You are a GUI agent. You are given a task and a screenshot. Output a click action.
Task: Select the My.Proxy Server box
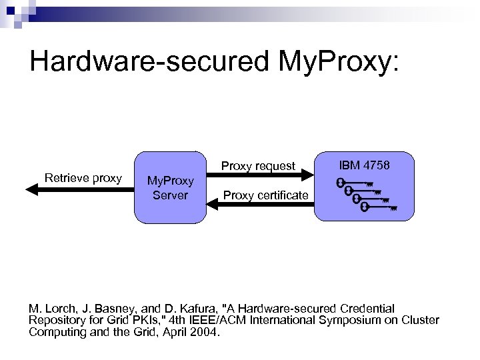(170, 187)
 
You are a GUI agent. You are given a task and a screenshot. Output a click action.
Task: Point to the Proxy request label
(258, 165)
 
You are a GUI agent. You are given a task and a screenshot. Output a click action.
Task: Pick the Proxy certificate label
(266, 195)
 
